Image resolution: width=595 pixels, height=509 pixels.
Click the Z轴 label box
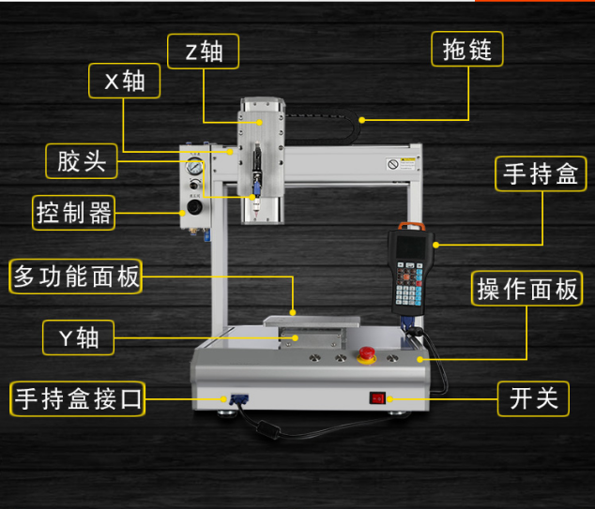[203, 52]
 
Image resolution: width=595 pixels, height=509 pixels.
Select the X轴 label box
[125, 81]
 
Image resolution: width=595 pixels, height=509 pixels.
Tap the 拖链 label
[467, 49]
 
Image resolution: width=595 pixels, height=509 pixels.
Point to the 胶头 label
[82, 161]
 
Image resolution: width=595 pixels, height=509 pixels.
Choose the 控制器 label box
[73, 213]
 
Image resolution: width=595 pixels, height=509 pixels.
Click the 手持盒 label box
[541, 173]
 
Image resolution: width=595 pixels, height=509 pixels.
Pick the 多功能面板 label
[76, 277]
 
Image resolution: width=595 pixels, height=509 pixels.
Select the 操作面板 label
[527, 289]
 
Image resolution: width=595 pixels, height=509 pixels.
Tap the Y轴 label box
[79, 337]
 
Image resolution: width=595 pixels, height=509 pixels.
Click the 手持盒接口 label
[78, 399]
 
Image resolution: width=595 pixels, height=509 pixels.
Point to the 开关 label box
[533, 398]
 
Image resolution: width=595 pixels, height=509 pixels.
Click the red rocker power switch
[377, 398]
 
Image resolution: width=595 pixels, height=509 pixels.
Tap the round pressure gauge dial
[194, 167]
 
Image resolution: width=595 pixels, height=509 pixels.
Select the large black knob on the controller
[194, 207]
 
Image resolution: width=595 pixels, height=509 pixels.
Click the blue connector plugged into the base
[239, 399]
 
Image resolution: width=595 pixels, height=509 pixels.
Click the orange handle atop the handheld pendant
[412, 226]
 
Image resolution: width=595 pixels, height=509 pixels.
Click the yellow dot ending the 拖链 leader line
[362, 120]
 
